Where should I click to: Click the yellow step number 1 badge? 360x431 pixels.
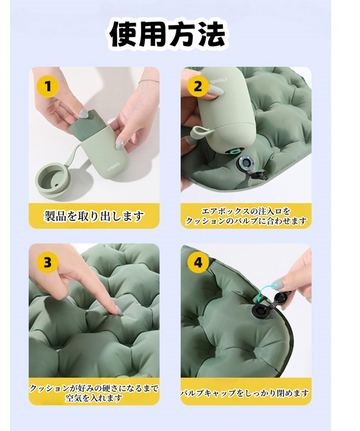tap(48, 86)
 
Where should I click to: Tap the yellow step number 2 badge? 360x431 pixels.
tap(198, 86)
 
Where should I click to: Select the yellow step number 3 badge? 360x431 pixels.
tap(48, 262)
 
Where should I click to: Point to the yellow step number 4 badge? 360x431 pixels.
tap(198, 262)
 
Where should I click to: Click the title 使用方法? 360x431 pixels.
tap(167, 36)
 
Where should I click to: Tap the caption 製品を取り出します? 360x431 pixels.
tap(94, 216)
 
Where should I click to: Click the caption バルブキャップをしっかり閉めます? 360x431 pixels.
tap(245, 393)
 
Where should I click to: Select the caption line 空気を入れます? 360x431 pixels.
tap(94, 398)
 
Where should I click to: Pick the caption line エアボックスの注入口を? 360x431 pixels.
tap(246, 211)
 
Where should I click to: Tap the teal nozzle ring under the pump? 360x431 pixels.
tap(236, 152)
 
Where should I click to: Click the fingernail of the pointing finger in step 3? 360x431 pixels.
tap(118, 309)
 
